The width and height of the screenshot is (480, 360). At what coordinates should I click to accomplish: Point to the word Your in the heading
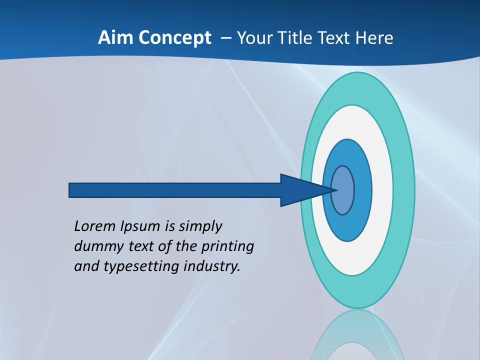point(253,38)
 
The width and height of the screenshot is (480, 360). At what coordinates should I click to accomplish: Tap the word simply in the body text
point(200,227)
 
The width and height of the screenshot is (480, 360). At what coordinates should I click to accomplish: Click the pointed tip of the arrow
point(336,190)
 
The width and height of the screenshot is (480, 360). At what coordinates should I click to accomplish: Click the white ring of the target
point(382,190)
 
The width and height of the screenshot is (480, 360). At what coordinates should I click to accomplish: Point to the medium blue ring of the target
point(363,190)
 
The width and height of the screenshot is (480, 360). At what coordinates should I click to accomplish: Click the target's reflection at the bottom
point(357,335)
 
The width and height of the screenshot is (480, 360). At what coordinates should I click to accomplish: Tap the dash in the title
point(225,38)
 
